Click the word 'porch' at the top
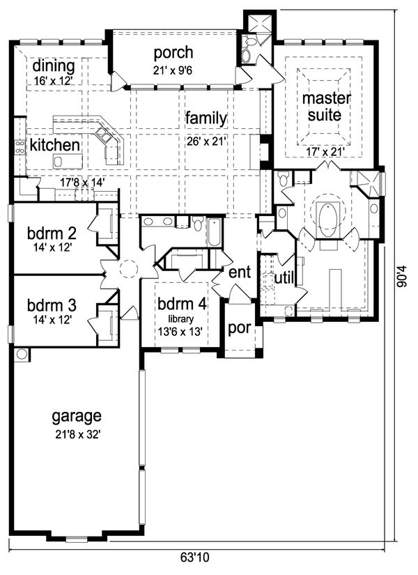click(x=173, y=53)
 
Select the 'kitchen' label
click(x=54, y=145)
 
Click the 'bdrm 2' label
click(x=53, y=231)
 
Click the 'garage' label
click(x=77, y=417)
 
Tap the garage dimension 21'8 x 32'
click(x=77, y=434)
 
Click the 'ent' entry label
click(x=239, y=273)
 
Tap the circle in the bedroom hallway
click(x=127, y=270)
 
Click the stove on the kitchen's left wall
click(x=20, y=146)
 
